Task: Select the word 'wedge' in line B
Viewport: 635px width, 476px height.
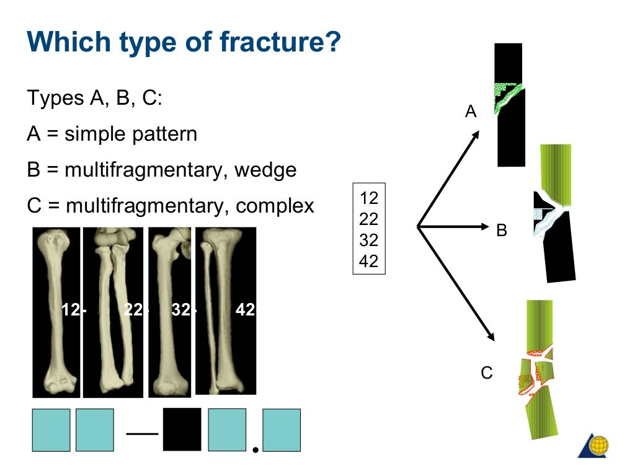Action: point(265,170)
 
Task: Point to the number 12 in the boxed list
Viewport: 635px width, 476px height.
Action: point(368,198)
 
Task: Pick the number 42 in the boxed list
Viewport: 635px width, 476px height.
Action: point(368,262)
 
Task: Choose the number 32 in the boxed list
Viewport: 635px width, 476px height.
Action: point(368,240)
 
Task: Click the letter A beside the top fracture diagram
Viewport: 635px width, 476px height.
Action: point(471,112)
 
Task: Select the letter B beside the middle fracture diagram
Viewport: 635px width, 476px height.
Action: point(502,231)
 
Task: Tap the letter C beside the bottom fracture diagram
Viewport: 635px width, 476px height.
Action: point(487,373)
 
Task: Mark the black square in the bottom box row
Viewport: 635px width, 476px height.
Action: point(182,429)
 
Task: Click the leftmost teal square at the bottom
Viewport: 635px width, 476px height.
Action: point(51,430)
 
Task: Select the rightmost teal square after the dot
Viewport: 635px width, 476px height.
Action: point(282,430)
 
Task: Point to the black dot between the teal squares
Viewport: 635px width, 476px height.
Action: point(254,447)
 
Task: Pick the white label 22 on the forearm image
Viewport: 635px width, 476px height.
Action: point(133,310)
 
